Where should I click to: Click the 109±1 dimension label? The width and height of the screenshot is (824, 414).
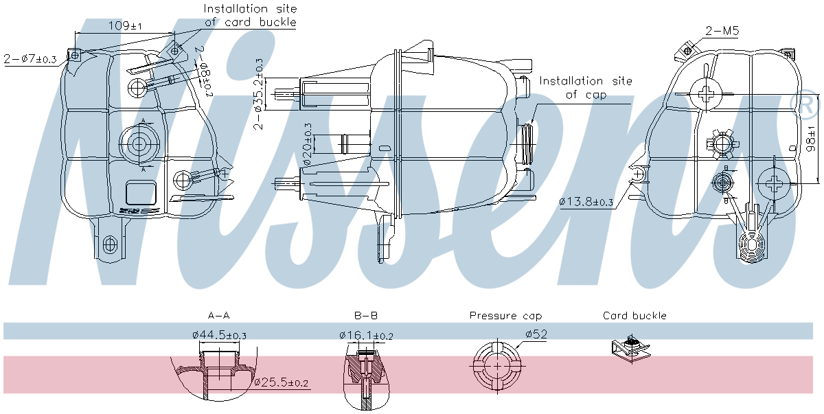126,26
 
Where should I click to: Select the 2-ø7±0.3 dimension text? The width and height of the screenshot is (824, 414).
30,59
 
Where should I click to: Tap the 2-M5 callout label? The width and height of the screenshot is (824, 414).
722,32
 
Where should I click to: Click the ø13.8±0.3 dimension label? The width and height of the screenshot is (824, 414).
586,203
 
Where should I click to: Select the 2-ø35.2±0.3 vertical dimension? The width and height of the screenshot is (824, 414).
259,93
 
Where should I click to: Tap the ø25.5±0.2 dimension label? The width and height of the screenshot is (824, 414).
282,382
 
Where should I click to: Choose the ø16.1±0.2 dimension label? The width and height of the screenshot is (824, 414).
366,336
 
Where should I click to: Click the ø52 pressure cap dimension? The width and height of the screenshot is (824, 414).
536,334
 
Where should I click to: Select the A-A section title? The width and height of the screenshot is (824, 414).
218,316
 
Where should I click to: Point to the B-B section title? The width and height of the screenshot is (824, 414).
365,316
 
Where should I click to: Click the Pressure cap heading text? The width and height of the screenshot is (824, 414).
505,316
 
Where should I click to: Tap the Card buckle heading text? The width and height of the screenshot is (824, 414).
634,316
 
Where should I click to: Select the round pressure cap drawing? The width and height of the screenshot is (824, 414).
495,365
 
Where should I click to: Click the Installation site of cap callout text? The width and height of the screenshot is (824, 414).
586,88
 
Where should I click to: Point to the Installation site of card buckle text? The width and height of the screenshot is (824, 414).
251,15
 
